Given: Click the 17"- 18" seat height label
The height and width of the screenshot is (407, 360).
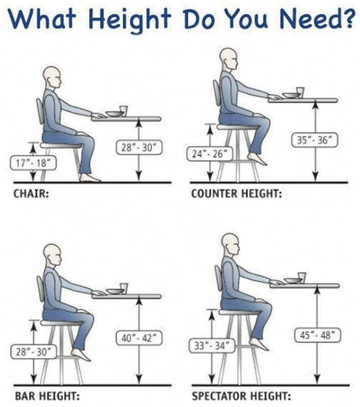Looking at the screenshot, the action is [33, 163].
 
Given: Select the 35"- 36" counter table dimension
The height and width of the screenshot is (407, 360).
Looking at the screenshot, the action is [315, 140].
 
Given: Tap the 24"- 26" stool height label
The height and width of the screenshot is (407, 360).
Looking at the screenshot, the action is [210, 154].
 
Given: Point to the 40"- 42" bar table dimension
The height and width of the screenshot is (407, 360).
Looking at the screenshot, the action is [139, 338].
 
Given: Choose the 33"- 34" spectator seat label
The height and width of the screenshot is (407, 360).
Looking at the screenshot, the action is [212, 346].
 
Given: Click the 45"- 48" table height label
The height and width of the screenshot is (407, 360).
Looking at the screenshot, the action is [317, 335].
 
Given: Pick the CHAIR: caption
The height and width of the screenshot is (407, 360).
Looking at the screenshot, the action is [31, 194].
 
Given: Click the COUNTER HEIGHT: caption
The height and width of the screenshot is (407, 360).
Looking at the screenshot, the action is [237, 194].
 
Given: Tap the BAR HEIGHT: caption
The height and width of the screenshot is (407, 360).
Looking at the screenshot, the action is [47, 396].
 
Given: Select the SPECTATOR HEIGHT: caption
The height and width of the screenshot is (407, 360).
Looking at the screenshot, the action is [241, 396].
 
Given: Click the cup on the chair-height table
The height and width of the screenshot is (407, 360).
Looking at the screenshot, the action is [123, 111].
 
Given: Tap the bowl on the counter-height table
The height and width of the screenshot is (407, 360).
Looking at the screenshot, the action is [290, 95].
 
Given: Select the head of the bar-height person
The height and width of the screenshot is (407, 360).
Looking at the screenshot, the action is [52, 255].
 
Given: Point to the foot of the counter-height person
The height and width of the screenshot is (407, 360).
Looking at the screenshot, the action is [257, 159].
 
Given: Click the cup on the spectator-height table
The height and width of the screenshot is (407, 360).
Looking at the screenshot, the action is [302, 277].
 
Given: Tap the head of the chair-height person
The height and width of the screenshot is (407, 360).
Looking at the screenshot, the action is [52, 78].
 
